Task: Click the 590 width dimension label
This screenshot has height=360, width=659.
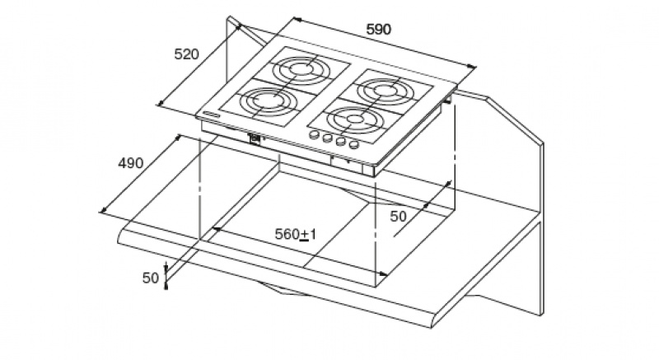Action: (378, 29)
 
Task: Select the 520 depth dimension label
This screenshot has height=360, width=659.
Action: (186, 54)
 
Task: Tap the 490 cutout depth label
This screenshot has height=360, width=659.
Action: (130, 163)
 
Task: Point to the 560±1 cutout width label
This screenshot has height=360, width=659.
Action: (295, 235)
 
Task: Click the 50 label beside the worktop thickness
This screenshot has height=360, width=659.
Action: (151, 278)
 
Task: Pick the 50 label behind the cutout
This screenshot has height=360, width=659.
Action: (398, 217)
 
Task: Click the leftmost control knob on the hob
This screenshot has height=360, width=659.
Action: (314, 135)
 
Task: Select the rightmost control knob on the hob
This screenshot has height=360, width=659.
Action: (354, 145)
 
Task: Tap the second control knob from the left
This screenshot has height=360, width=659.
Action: (327, 138)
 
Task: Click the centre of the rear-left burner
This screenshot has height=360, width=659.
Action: (300, 69)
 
